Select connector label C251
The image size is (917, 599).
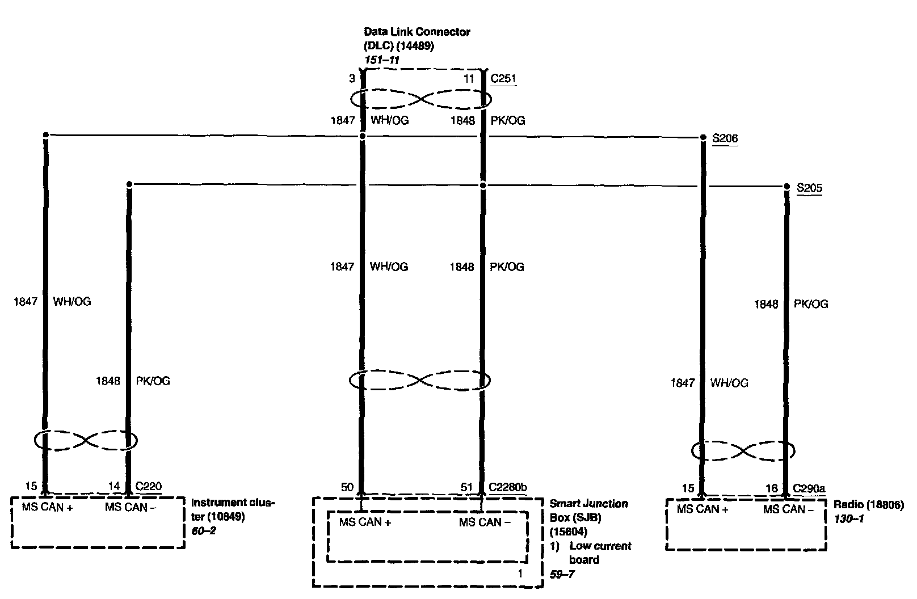(503, 79)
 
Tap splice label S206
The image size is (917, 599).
(725, 138)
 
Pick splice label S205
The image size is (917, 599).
(809, 188)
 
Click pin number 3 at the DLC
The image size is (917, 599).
(352, 79)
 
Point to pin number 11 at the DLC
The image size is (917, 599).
(468, 79)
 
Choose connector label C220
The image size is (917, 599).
(148, 486)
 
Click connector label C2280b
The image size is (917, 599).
(508, 487)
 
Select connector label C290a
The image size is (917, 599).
(809, 488)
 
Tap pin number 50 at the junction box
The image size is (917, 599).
(347, 487)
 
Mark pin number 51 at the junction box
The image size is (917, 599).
(466, 487)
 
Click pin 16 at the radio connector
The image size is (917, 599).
(772, 488)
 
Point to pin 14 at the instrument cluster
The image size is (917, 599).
(114, 486)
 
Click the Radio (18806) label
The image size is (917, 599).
(868, 505)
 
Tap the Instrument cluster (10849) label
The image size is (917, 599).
(232, 509)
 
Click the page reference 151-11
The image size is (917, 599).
(382, 60)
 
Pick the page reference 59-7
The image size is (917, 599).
(562, 574)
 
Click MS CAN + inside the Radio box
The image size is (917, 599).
(702, 509)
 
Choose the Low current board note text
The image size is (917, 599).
(600, 553)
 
